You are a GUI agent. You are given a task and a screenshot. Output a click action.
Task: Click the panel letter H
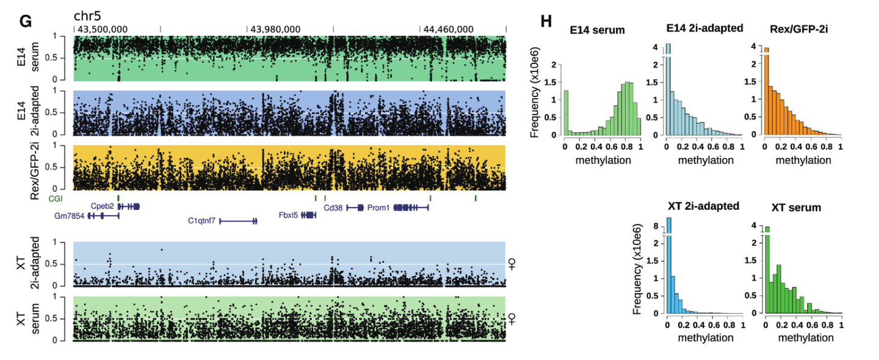pos(546,20)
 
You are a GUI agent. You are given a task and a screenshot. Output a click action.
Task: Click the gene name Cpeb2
pos(102,206)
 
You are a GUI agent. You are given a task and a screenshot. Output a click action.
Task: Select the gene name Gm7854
pos(69,215)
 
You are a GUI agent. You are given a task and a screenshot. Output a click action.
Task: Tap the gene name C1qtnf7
pos(201,221)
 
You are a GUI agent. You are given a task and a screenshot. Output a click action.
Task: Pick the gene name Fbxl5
pos(288,215)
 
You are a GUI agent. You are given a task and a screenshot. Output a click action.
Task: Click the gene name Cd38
pos(333,207)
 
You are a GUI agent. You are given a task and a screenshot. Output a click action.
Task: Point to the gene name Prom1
pos(378,207)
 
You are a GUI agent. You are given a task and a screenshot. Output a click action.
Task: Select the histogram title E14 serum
pos(597,30)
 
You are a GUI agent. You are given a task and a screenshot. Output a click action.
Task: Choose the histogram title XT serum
pos(796,207)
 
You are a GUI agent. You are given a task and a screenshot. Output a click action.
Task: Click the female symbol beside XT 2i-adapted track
pos(512,264)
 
